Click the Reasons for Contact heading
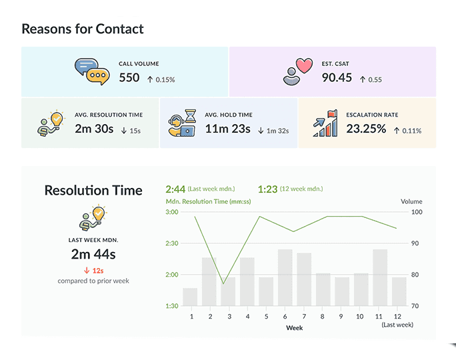tap(83, 29)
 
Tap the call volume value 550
tap(129, 78)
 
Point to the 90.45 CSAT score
tap(337, 78)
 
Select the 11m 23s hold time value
tap(227, 129)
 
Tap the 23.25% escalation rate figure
tap(366, 129)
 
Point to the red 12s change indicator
tap(93, 270)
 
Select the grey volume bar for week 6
tap(285, 277)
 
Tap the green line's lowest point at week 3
tap(223, 284)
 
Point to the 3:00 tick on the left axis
tap(171, 212)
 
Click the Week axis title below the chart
tap(294, 328)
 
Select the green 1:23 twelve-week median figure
tap(267, 189)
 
